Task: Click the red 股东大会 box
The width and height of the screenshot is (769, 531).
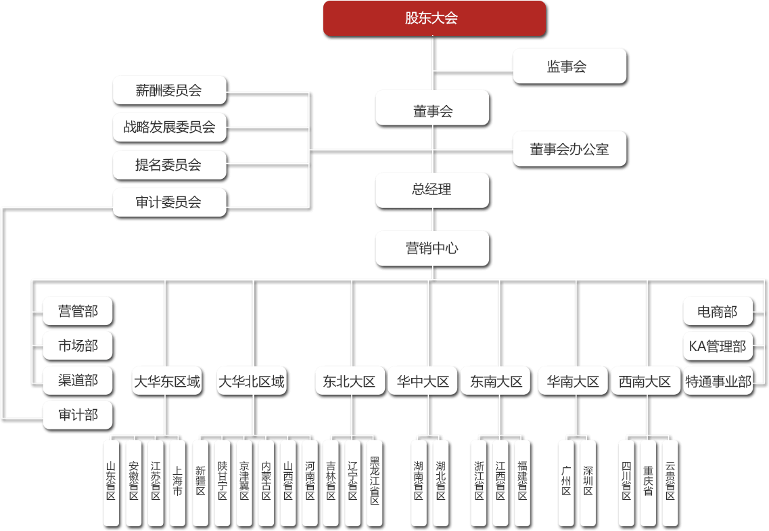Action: [434, 18]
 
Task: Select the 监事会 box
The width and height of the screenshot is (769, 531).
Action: [569, 66]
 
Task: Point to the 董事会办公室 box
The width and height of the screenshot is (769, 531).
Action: [569, 149]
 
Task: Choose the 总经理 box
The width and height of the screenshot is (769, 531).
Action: [432, 190]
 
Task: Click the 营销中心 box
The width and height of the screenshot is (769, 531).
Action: [432, 248]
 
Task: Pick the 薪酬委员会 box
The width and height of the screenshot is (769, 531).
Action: [169, 89]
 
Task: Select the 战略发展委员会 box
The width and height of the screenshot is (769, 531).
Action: [169, 127]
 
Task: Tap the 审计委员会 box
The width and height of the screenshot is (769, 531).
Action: [169, 202]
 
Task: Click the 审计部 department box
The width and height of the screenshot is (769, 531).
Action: [78, 415]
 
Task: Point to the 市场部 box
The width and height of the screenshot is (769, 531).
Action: [78, 346]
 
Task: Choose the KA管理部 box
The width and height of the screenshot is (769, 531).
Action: [718, 346]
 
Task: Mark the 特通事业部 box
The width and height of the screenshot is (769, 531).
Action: [718, 381]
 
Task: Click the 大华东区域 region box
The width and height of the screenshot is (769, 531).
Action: [166, 381]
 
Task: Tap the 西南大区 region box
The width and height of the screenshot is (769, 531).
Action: [645, 381]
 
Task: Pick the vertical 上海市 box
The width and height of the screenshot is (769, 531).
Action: [177, 482]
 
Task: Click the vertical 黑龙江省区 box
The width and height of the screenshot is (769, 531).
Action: [375, 482]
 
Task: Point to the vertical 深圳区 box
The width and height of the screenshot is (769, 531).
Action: [588, 482]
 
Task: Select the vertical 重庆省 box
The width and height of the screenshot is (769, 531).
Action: [648, 482]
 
